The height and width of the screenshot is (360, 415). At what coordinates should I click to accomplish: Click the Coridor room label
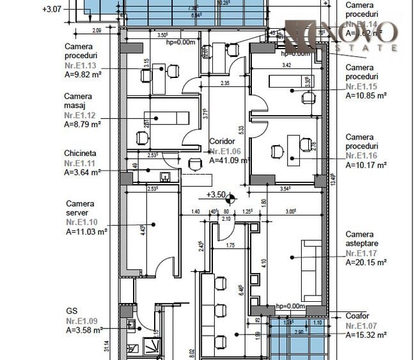point(223,141)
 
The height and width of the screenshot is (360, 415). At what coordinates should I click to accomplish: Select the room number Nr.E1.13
point(81,65)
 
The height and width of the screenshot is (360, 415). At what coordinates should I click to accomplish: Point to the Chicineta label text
point(81,153)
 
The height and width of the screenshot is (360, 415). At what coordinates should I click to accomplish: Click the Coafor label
point(358,315)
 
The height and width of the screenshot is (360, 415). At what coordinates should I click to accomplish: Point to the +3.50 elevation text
point(215,195)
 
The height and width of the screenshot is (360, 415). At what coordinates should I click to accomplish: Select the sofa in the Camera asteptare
point(311,265)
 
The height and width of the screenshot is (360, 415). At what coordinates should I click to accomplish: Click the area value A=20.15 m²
point(366,262)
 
